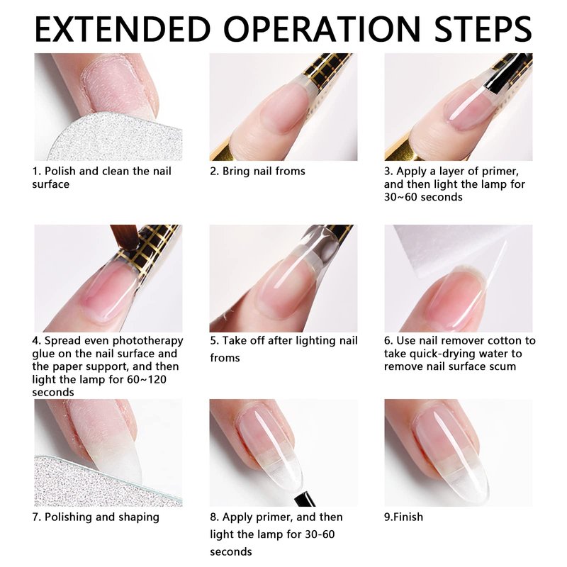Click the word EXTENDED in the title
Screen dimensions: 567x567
point(123,29)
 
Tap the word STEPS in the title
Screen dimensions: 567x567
point(483,29)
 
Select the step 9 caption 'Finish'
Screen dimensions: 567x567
point(403,517)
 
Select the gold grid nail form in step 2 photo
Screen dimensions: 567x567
point(325,70)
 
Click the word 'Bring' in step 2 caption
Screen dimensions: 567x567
point(237,172)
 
